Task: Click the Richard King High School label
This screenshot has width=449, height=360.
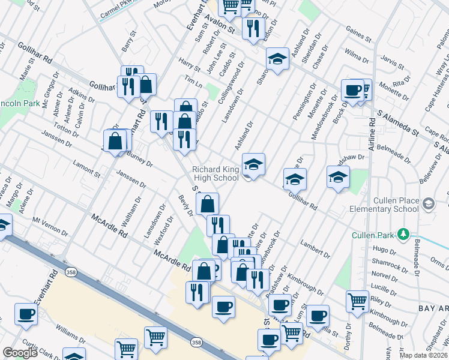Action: (x=215, y=173)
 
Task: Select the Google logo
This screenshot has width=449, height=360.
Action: (x=20, y=353)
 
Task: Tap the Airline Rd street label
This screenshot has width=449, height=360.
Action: (x=373, y=131)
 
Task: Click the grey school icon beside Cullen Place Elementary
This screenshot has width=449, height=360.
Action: (x=429, y=204)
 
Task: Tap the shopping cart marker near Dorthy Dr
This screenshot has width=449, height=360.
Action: (x=357, y=301)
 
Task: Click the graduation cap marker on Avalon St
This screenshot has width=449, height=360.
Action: (x=276, y=60)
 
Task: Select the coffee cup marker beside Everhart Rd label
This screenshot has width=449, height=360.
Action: (x=26, y=314)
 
